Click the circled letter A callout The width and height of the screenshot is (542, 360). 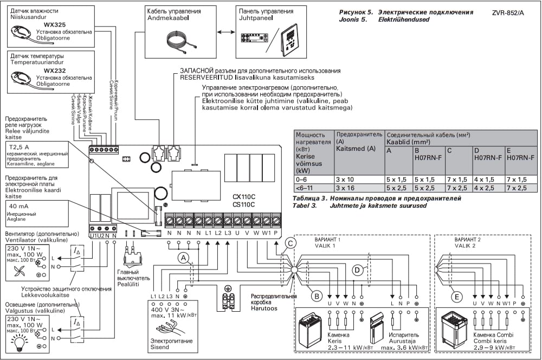point(184,257)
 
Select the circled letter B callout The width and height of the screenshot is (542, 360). point(317,295)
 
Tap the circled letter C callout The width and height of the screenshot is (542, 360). point(291,243)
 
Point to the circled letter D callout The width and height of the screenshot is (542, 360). point(357,269)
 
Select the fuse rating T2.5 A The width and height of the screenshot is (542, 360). point(20,147)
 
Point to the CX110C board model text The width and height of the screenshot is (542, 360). point(244,196)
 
